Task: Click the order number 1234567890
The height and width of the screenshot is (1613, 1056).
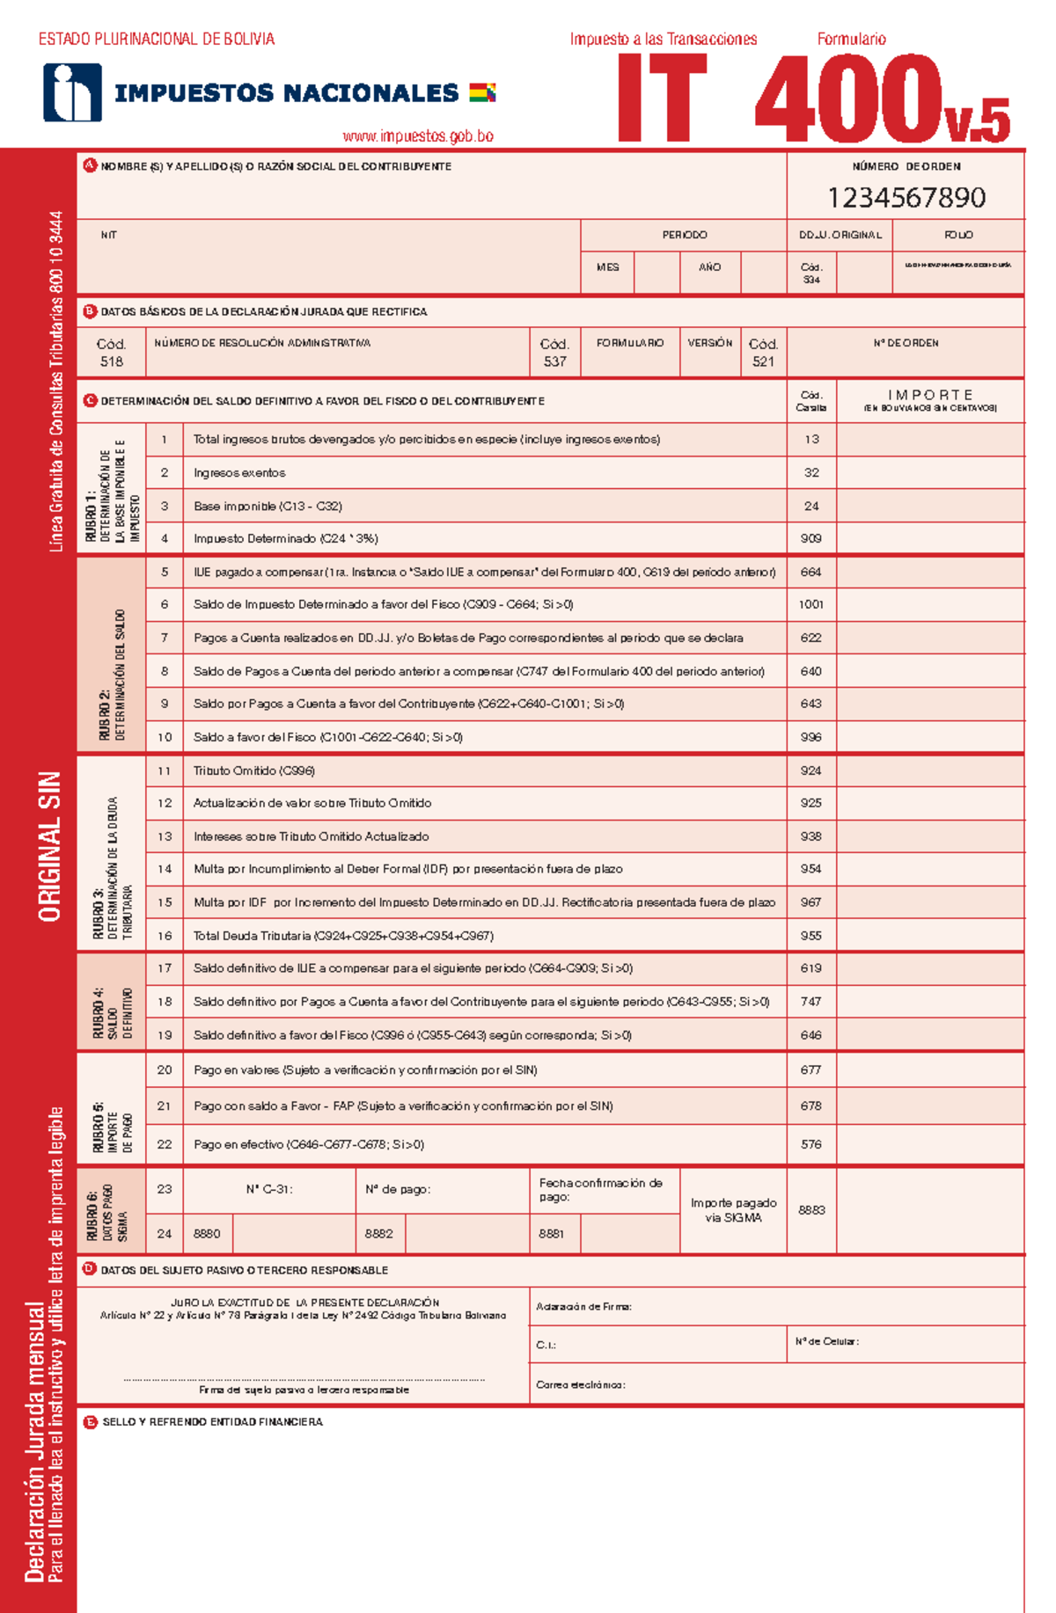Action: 906,197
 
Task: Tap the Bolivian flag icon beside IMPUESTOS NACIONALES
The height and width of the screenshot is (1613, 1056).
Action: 482,92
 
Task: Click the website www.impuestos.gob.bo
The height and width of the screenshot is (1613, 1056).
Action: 418,136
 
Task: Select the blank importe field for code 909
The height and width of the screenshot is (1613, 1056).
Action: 930,538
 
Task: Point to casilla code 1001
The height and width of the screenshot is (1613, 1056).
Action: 811,604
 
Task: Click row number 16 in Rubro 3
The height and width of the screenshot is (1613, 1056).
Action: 165,936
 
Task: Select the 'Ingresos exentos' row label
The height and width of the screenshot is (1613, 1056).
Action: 239,473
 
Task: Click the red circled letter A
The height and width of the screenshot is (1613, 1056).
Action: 90,165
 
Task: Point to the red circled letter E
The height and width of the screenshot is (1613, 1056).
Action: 90,1421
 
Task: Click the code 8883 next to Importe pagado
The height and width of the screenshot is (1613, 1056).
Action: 811,1210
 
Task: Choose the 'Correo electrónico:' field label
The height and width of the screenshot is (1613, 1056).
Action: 581,1384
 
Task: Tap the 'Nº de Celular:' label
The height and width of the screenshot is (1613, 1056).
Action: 826,1341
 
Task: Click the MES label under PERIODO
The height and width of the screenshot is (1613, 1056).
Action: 607,267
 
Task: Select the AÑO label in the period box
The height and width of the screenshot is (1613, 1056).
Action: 710,267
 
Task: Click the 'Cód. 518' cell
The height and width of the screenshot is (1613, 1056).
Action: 112,353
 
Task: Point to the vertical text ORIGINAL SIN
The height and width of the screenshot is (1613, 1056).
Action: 50,846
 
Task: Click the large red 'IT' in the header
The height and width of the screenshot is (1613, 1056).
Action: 662,99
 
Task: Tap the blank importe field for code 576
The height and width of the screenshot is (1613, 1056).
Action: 930,1144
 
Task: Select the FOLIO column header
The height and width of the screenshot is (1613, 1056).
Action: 957,235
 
